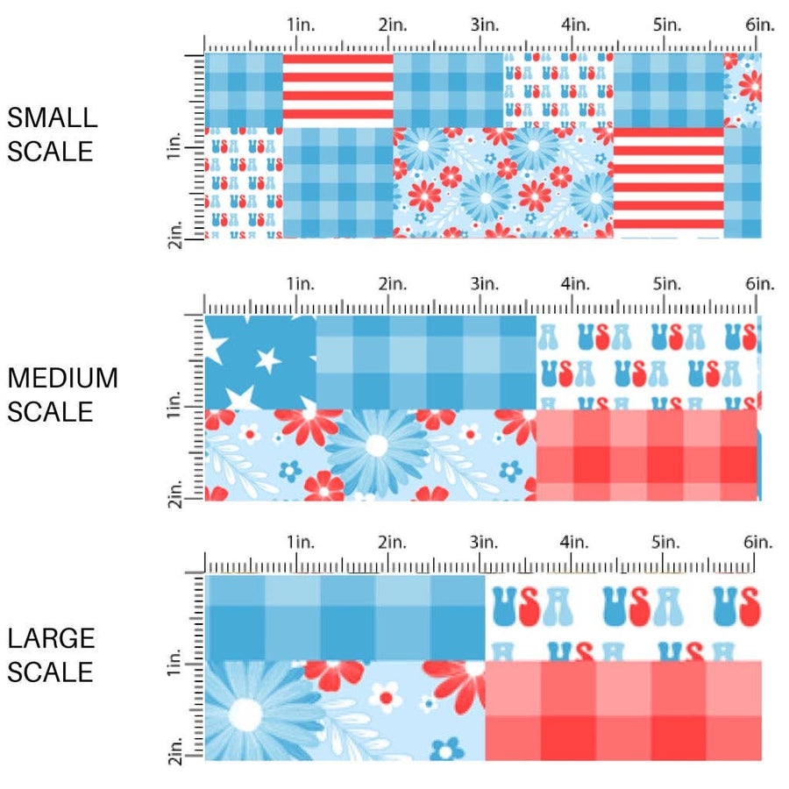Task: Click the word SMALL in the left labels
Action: point(52,117)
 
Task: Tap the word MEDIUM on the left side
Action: point(62,378)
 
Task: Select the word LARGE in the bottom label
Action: point(51,638)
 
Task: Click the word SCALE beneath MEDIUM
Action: point(50,411)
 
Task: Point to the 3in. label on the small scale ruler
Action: point(484,25)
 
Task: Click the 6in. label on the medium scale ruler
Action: point(760,284)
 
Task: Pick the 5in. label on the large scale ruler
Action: point(666,543)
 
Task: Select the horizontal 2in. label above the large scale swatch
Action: point(393,543)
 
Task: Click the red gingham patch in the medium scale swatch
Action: point(646,455)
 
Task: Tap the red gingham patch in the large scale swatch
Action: point(622,710)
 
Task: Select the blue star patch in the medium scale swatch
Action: point(259,361)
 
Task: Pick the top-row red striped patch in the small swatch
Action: point(338,86)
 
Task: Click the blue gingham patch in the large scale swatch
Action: point(345,617)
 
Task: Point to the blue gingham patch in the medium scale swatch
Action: point(425,361)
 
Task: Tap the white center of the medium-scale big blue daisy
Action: point(376,445)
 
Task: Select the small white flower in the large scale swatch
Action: point(383,697)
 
